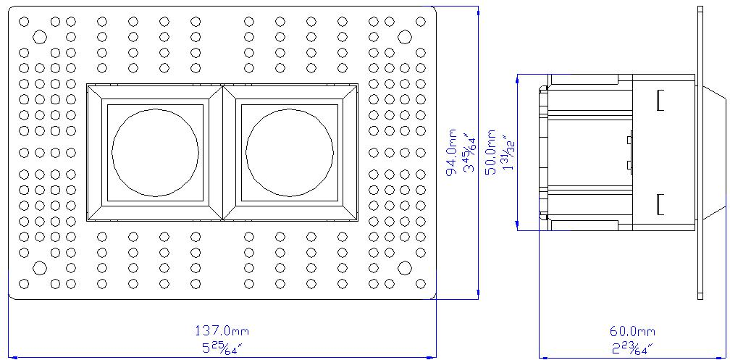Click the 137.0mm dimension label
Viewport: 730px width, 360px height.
[x=223, y=331]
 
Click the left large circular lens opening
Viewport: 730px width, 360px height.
[x=155, y=152]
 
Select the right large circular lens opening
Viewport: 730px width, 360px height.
[x=289, y=152]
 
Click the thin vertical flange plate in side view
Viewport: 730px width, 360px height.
[x=700, y=152]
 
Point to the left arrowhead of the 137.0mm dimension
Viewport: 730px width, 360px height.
[x=12, y=356]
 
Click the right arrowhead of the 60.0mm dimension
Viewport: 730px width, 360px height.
[x=697, y=356]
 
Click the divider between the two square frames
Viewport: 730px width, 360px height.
[x=222, y=152]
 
